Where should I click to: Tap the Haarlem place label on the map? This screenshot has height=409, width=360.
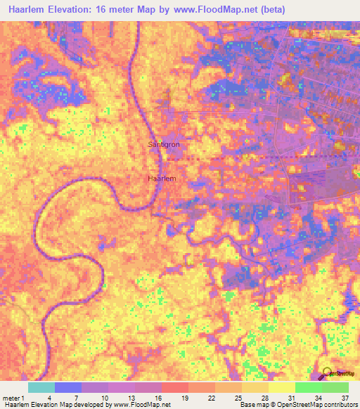click(x=161, y=178)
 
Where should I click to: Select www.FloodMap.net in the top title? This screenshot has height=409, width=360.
click(x=214, y=10)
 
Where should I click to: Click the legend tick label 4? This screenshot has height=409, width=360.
click(x=54, y=398)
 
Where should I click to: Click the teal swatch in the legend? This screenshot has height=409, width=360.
click(x=41, y=387)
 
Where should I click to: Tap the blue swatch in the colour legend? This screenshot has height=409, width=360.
click(x=67, y=387)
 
